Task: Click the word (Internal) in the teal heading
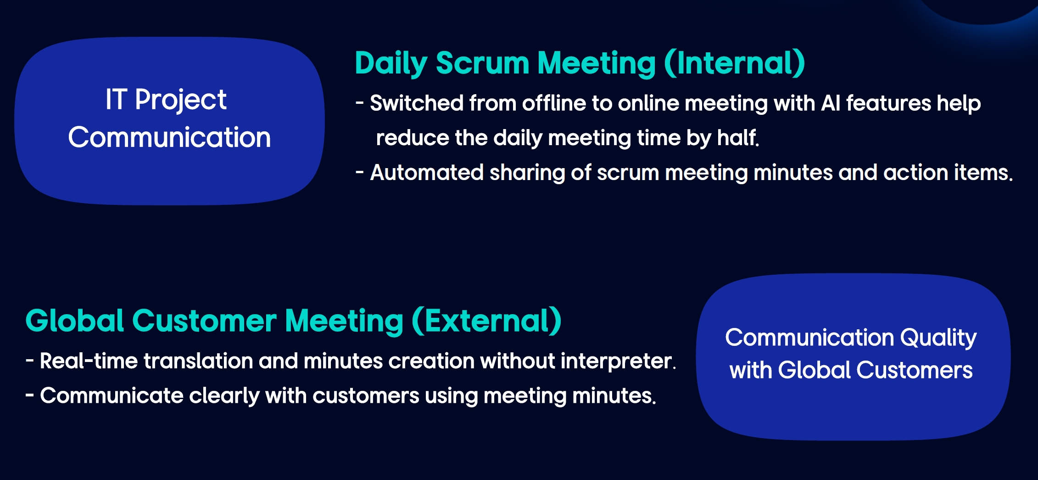pyautogui.click(x=734, y=63)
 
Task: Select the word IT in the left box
pyautogui.click(x=116, y=99)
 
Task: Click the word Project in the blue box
pyautogui.click(x=180, y=100)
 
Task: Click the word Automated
pyautogui.click(x=427, y=173)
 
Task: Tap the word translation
pyautogui.click(x=198, y=361)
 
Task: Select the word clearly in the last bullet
pyautogui.click(x=224, y=396)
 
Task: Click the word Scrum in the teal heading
pyautogui.click(x=482, y=63)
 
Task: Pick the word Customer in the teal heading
pyautogui.click(x=204, y=321)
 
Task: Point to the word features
pyautogui.click(x=888, y=103)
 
